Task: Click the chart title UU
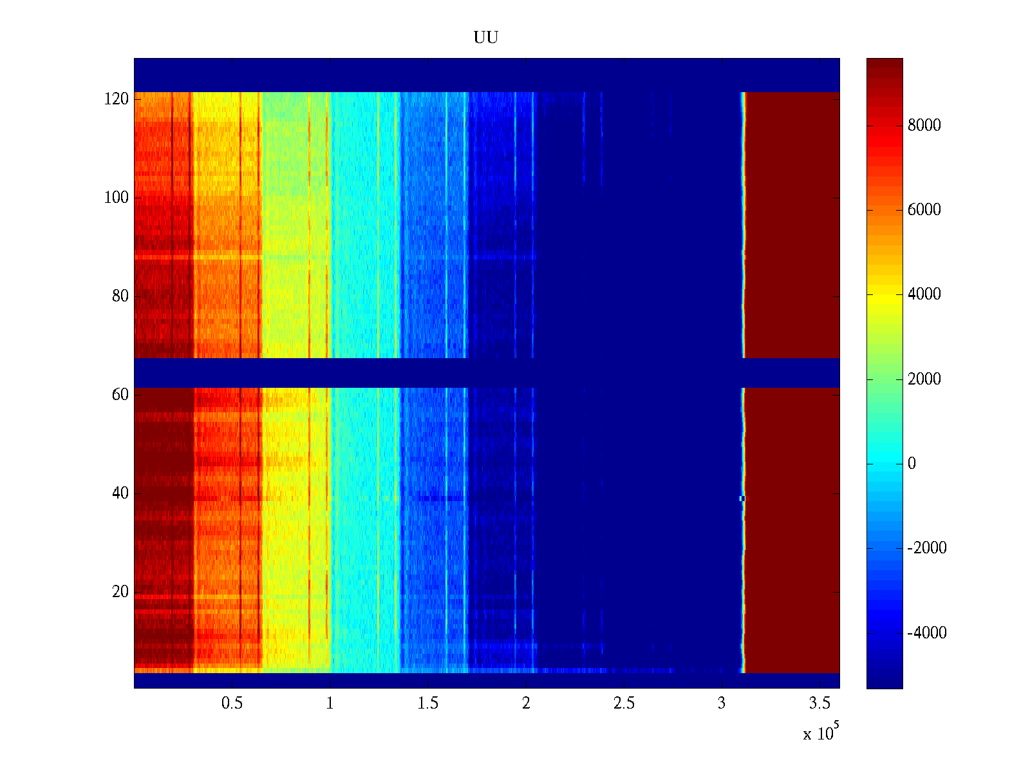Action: click(486, 38)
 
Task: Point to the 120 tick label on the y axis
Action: click(117, 99)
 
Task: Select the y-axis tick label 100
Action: click(117, 198)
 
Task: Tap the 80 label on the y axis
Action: click(120, 296)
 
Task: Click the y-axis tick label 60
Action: click(120, 395)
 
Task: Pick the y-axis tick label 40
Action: click(120, 493)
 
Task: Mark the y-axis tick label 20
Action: click(120, 592)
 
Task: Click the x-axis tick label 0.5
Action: click(232, 703)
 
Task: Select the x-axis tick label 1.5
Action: click(427, 703)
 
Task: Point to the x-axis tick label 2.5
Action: click(623, 703)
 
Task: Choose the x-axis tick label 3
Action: click(721, 703)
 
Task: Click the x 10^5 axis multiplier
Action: click(821, 732)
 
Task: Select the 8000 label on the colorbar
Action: click(924, 126)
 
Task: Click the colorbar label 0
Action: click(912, 464)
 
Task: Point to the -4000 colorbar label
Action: click(927, 633)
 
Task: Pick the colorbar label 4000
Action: click(924, 294)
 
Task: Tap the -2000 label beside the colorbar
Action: click(927, 548)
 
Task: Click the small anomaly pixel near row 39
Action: click(742, 499)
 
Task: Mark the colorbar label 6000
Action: click(924, 210)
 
